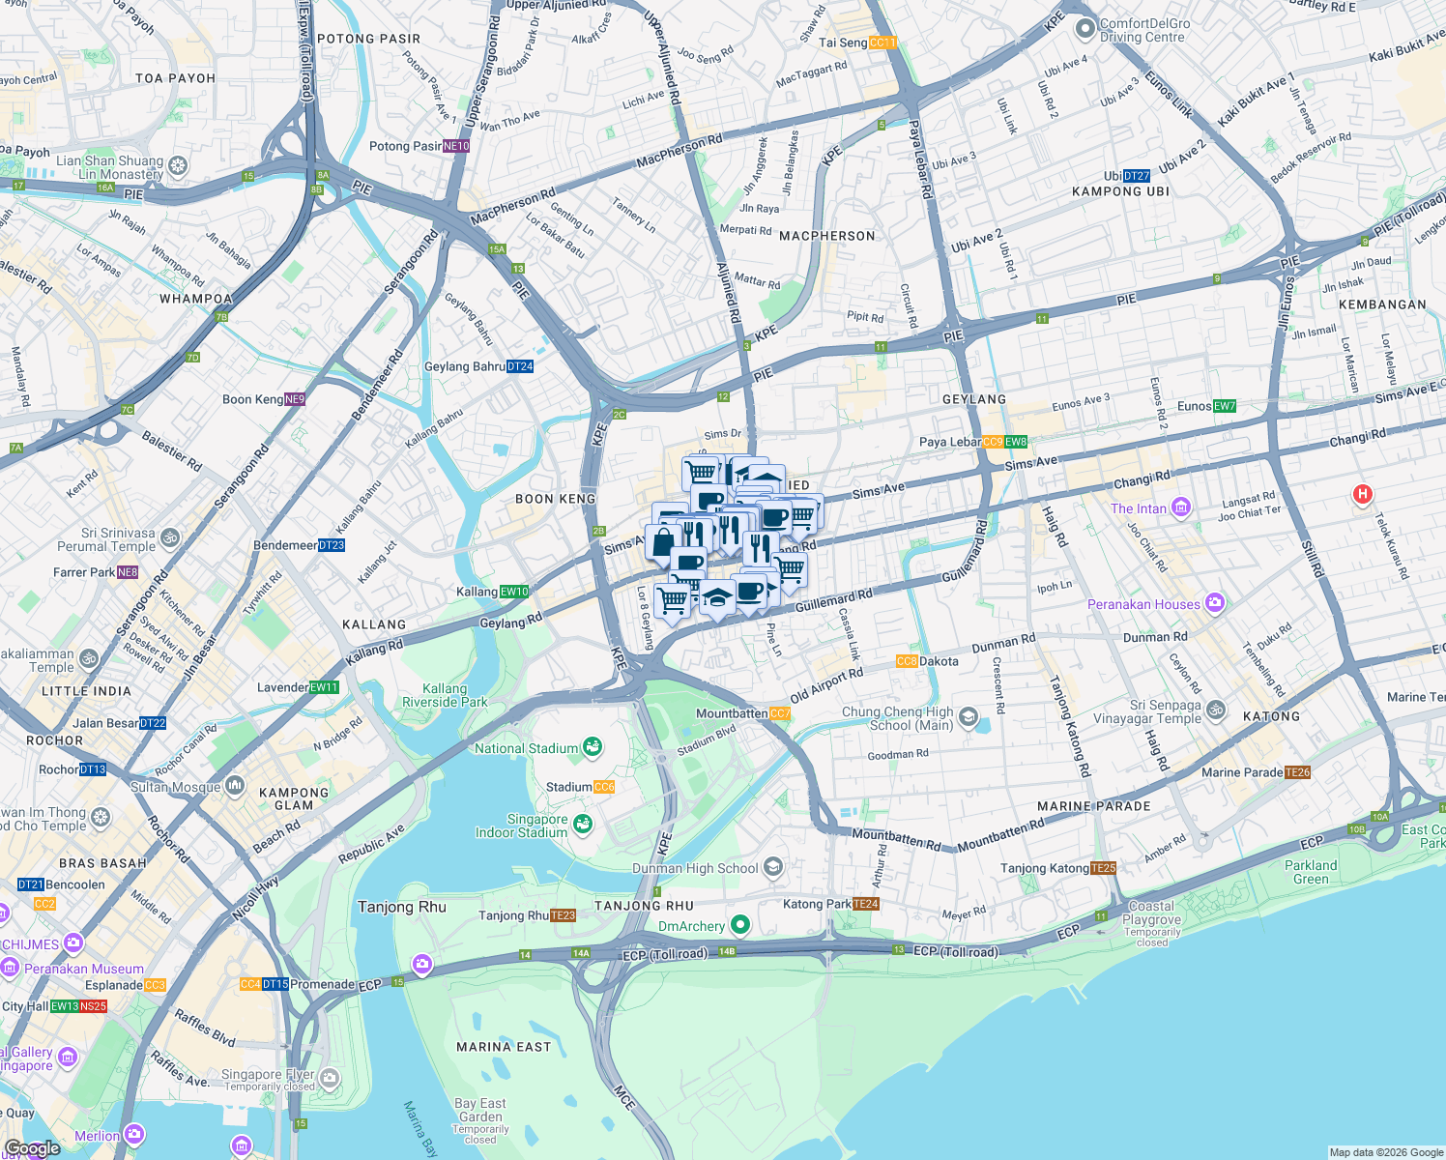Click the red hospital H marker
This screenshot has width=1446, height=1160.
1362,495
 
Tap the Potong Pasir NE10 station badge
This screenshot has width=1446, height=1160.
456,147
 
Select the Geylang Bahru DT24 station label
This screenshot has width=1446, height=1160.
478,366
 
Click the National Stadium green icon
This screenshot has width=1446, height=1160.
593,747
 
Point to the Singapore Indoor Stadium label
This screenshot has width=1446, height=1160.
522,826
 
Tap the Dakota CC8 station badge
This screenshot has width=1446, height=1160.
907,661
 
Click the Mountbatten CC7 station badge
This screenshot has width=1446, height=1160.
780,713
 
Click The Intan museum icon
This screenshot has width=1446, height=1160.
1180,507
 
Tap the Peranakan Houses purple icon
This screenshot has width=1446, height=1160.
1215,603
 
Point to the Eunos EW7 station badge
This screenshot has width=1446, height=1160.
1225,406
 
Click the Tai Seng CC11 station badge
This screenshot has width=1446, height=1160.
882,43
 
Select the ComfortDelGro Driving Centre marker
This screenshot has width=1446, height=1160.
1084,29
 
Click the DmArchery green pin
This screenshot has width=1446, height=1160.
739,925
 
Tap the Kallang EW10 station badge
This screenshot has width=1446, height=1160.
514,592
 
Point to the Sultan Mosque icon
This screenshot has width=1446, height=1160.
234,786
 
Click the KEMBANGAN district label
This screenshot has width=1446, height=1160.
1383,304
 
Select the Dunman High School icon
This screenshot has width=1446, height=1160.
772,866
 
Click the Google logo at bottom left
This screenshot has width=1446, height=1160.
31,1148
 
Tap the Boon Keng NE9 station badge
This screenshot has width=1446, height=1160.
295,399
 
